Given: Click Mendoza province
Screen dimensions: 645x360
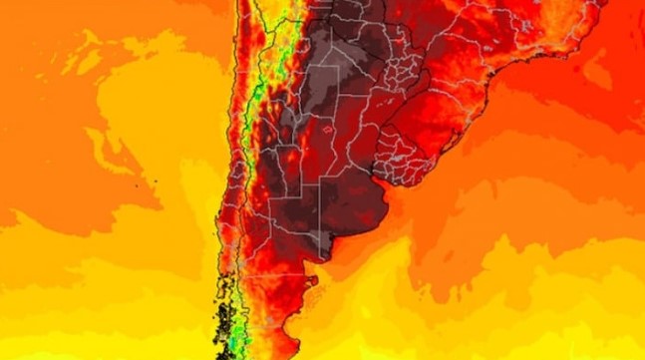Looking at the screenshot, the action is pos(273,170).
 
